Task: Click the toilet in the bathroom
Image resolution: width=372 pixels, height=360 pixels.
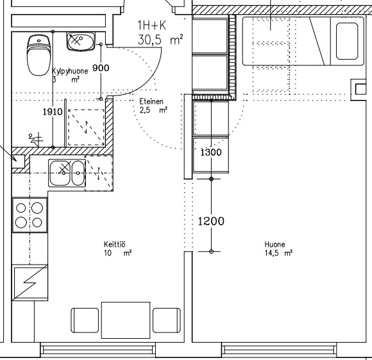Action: point(39,55)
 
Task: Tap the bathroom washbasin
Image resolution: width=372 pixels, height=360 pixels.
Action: point(81,42)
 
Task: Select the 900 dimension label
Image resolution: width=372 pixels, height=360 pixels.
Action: point(101,68)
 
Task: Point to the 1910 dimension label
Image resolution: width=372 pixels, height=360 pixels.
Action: point(53,111)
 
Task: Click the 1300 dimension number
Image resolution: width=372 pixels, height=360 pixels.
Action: point(211,152)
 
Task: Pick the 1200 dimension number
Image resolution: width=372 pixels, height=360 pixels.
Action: point(211,221)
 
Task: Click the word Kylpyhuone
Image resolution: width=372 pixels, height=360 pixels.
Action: point(70,71)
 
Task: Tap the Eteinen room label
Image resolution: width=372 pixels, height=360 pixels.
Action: point(151,101)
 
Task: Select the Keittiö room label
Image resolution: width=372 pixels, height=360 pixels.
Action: point(115,244)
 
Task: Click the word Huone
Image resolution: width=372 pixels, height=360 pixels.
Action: point(275,244)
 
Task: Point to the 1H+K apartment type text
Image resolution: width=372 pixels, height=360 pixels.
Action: point(152,26)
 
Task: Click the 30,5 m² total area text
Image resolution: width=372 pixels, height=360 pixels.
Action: point(160,40)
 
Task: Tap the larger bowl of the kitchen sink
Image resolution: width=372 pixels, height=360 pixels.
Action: point(60,173)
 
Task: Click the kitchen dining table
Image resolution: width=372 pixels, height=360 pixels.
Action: point(126,320)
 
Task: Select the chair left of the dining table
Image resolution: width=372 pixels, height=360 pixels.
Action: point(85,320)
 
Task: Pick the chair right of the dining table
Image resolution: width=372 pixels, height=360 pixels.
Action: point(167,320)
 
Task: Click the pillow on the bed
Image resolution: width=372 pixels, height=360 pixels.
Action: point(347,41)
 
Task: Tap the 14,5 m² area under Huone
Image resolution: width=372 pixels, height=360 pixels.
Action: point(278,253)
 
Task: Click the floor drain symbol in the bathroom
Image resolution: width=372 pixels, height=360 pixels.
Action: point(37,139)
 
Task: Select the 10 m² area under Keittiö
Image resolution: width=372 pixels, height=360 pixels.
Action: point(117,253)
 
